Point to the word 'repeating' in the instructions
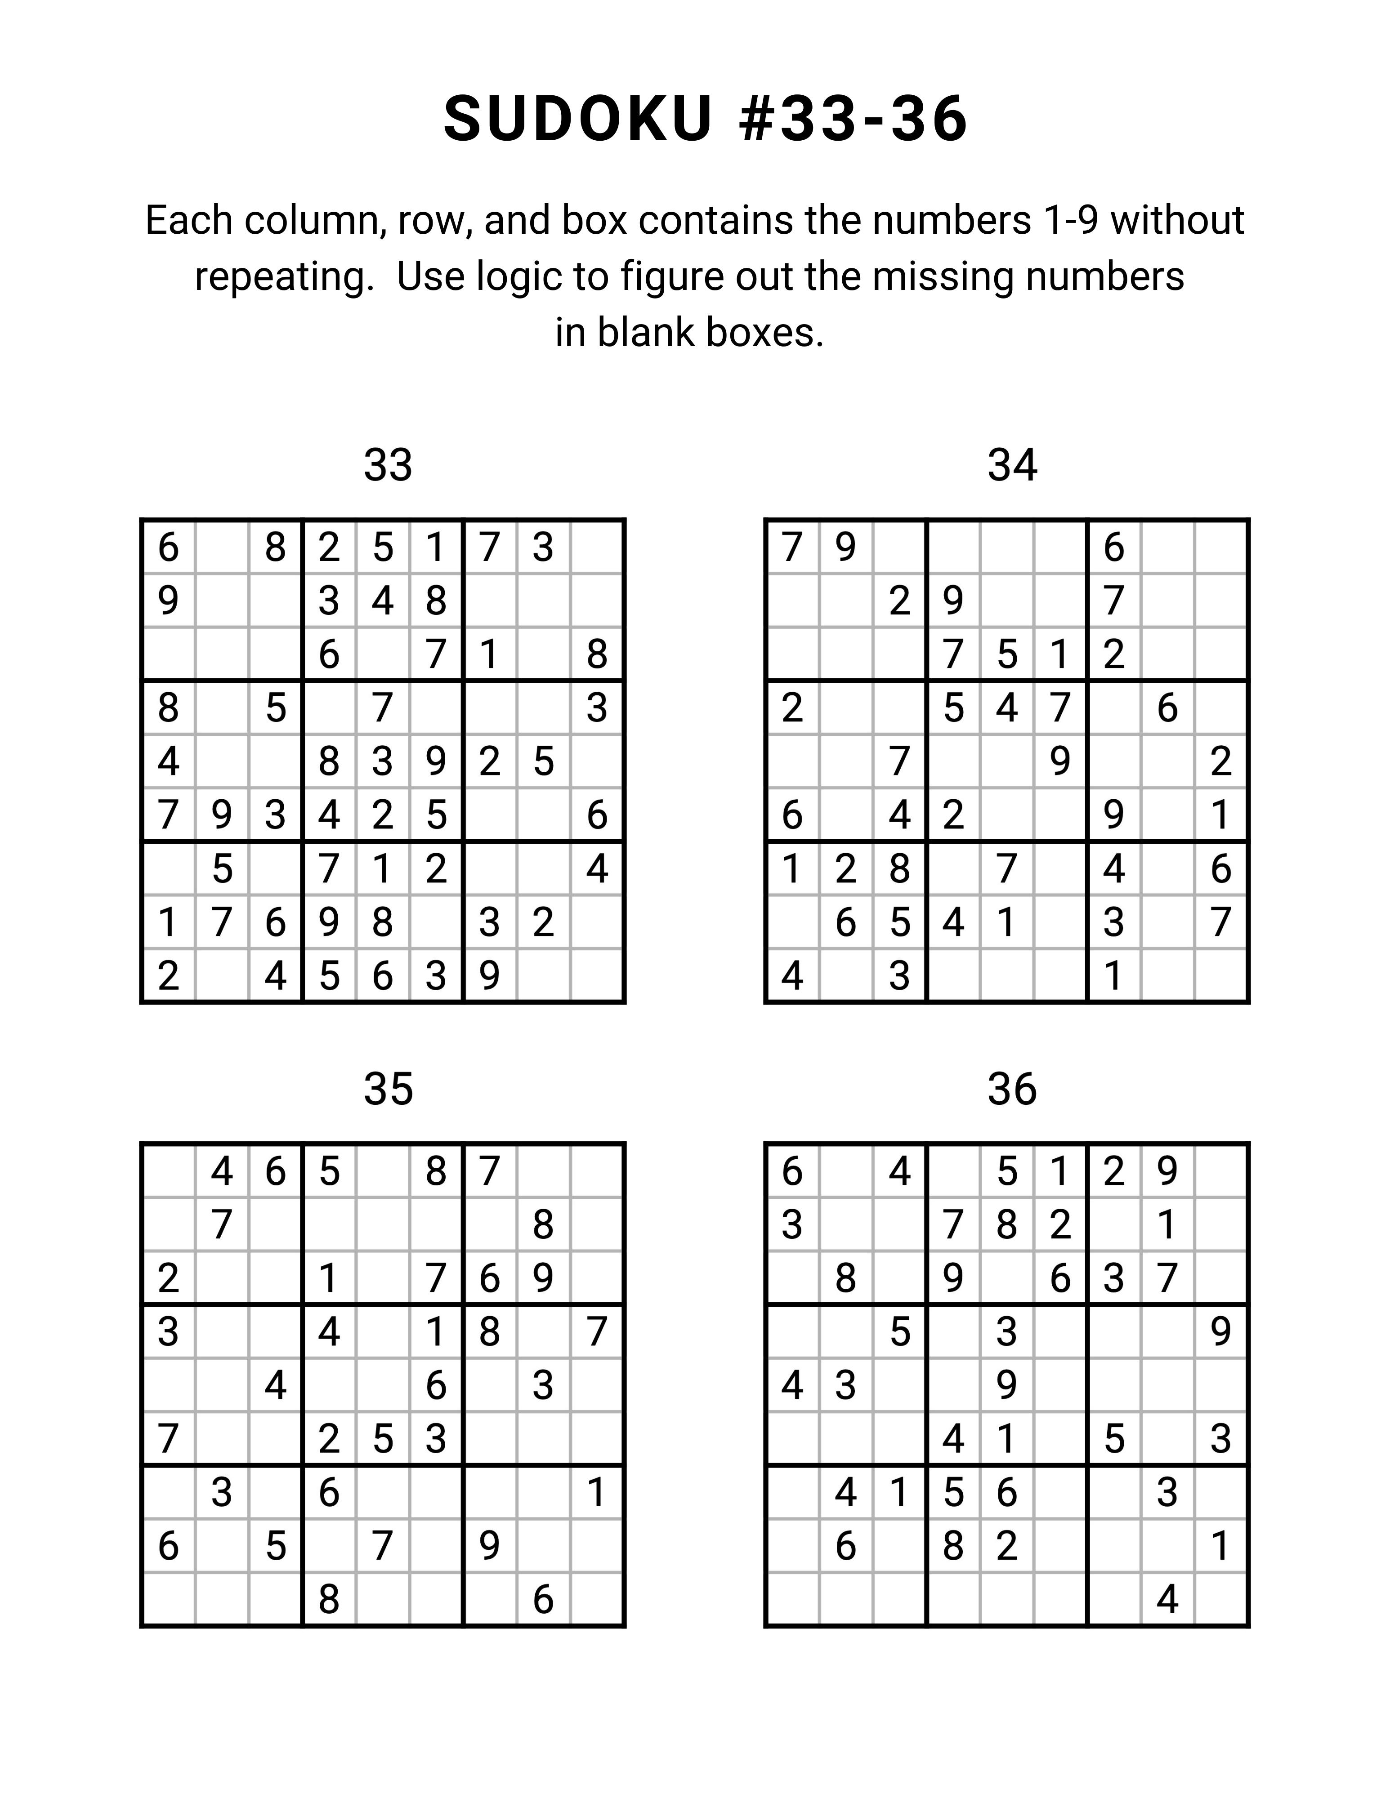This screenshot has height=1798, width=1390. tap(284, 277)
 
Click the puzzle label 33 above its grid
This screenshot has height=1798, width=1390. tap(388, 466)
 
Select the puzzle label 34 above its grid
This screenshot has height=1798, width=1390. tap(1012, 466)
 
